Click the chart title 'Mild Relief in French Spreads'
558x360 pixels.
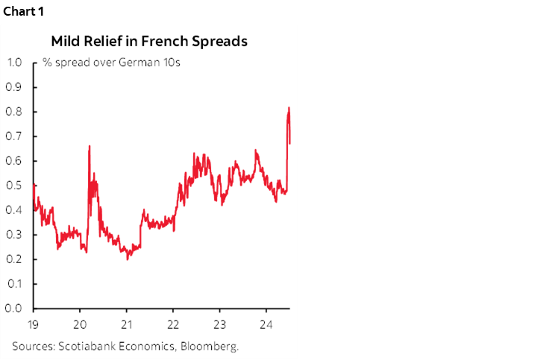click(x=149, y=42)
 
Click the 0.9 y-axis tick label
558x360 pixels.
click(x=14, y=86)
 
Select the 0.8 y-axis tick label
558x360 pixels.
click(x=14, y=111)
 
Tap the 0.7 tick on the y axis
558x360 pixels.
click(x=14, y=136)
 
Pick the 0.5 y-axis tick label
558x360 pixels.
click(x=14, y=185)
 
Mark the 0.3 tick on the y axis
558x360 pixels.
click(x=14, y=234)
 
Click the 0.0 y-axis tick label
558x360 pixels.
click(x=14, y=308)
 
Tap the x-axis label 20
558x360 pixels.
click(x=81, y=324)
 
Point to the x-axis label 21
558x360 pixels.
click(x=127, y=324)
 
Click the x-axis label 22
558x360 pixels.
click(x=173, y=324)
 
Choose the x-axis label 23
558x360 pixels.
click(x=219, y=324)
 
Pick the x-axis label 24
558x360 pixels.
click(x=266, y=324)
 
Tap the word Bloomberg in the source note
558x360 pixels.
click(x=213, y=346)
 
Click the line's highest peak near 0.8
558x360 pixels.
click(x=289, y=108)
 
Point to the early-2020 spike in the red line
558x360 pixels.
click(x=90, y=147)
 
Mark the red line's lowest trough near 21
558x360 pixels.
click(x=128, y=258)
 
